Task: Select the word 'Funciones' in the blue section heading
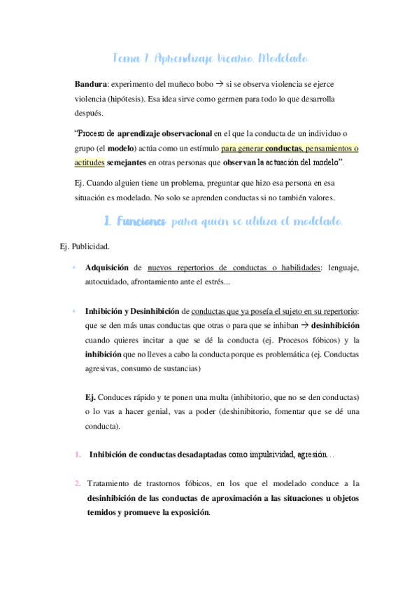click(141, 222)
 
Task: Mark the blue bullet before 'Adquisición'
click(74, 268)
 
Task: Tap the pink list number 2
click(77, 483)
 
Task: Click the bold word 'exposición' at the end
click(185, 512)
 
